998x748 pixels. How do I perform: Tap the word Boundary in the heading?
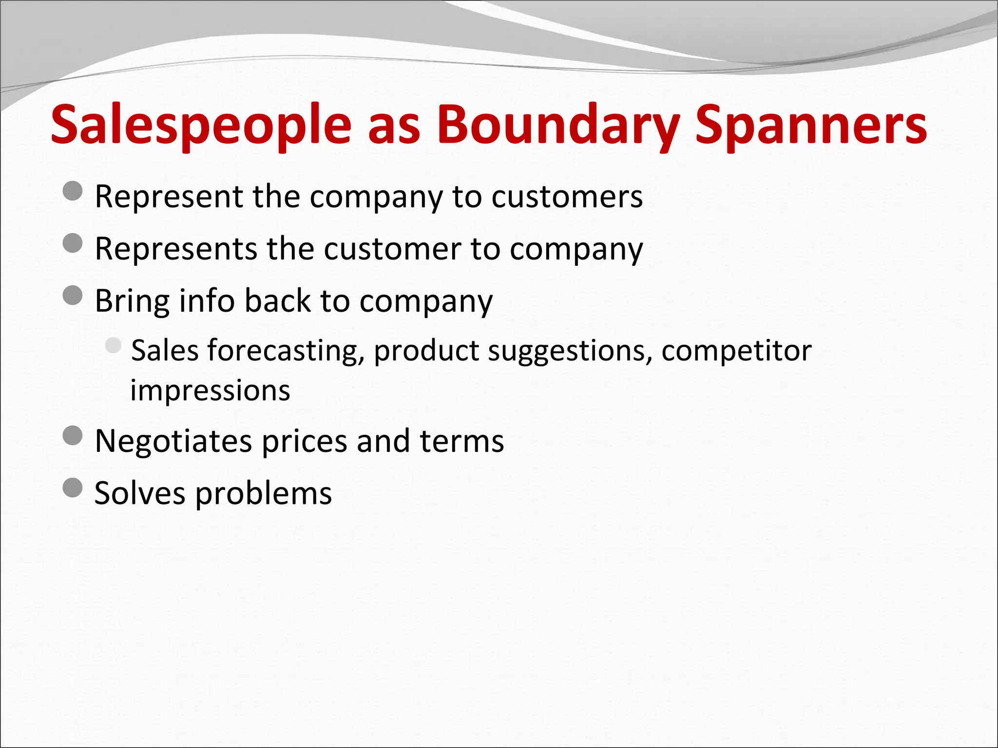(558, 126)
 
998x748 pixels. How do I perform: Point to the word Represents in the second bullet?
(175, 249)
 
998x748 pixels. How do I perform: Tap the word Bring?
(132, 301)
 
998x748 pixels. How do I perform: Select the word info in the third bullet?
(207, 300)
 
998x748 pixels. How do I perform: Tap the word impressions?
(210, 391)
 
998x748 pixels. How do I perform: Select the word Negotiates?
(173, 442)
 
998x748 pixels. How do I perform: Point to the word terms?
(461, 442)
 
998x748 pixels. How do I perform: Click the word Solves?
(139, 493)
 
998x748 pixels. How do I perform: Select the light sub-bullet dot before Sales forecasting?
(113, 346)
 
